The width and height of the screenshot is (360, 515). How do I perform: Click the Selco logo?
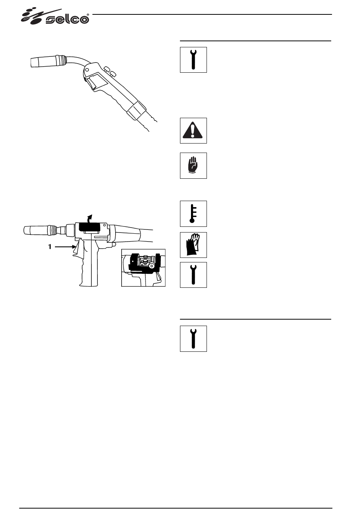point(55,17)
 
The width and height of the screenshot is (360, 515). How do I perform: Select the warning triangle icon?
point(193,130)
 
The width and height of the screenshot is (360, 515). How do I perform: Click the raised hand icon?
point(193,165)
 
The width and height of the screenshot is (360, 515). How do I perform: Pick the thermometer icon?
point(193,214)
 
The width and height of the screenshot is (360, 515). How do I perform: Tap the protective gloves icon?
point(193,245)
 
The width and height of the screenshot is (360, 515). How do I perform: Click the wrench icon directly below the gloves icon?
point(193,275)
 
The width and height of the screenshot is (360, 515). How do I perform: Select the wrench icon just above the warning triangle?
point(193,59)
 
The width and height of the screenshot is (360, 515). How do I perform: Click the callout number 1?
point(49,247)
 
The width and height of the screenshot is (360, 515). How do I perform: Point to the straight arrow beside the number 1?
point(64,247)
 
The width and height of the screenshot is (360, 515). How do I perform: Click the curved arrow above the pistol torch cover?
point(90,219)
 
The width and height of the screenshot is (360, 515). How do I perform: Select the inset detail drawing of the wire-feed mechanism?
point(144,267)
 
